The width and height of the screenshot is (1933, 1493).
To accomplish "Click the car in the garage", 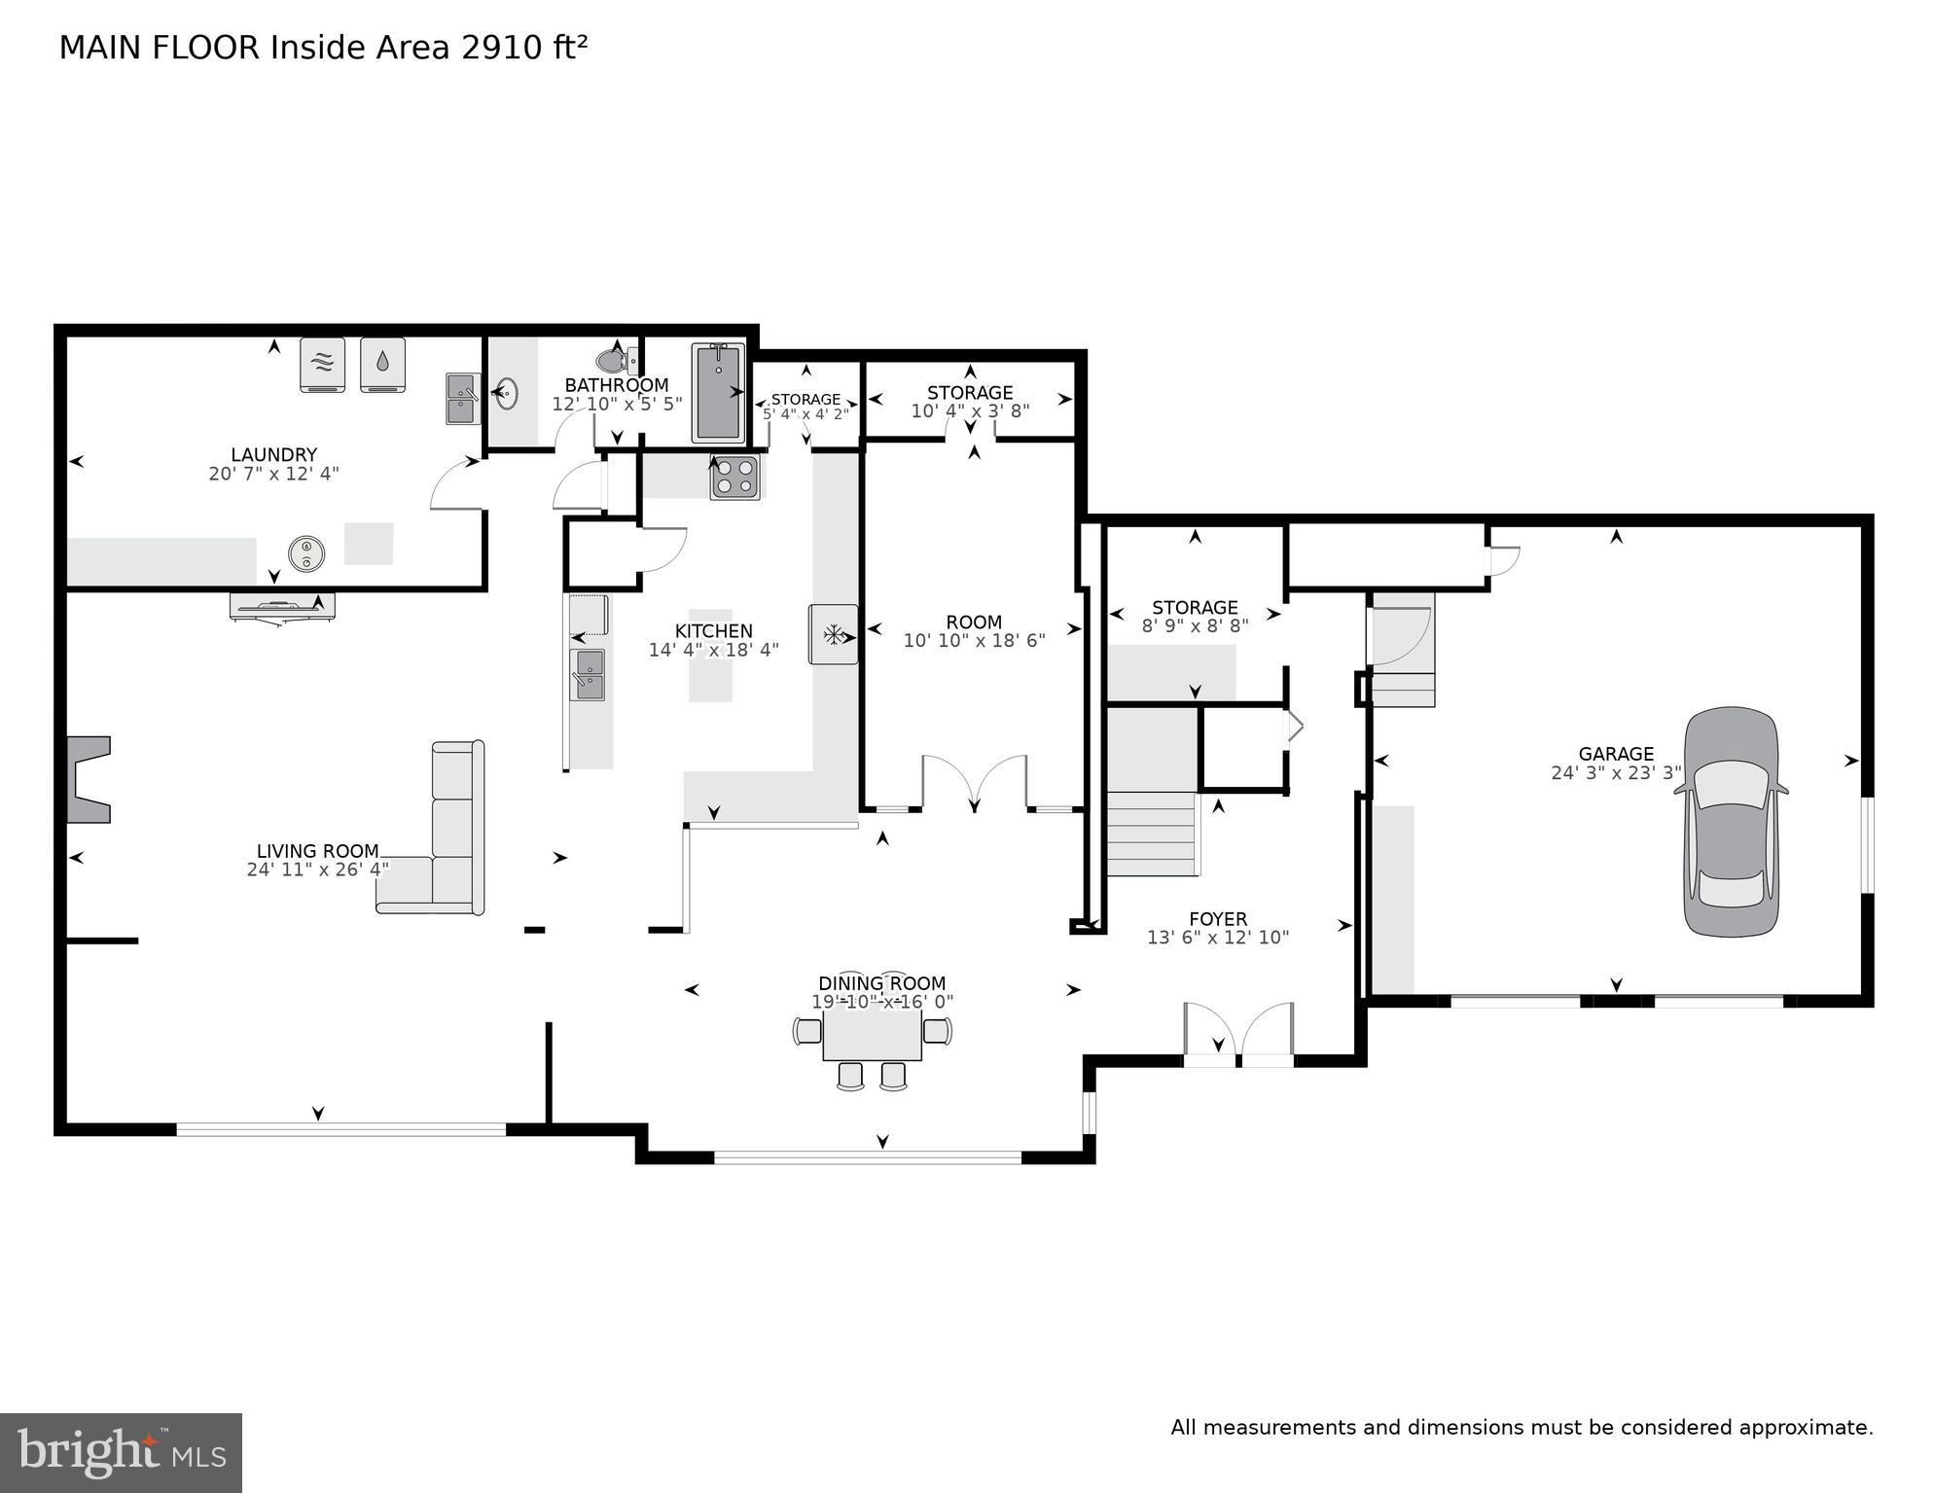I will (1731, 822).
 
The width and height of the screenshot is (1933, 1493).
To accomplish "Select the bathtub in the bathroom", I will (718, 392).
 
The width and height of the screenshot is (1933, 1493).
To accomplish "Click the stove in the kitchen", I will (734, 478).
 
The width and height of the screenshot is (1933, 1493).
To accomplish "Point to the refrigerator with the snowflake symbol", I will (834, 634).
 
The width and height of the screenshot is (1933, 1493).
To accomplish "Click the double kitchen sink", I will (589, 674).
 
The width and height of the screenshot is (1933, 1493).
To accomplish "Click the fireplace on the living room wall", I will (87, 779).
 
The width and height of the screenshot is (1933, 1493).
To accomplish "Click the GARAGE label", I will (1615, 754).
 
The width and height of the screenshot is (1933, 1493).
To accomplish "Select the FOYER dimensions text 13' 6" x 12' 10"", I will (1217, 938).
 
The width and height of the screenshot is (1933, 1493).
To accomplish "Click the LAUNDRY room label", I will (273, 454).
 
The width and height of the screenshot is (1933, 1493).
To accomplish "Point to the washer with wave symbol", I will (323, 364).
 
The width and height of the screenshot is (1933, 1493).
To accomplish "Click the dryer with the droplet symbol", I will (383, 364).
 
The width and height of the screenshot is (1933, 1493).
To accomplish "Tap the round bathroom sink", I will (507, 394).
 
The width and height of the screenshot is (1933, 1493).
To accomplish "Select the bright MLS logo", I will (121, 1453).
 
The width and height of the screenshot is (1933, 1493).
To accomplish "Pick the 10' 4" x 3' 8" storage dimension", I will (970, 411).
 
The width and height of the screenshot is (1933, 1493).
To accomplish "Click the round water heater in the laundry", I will (306, 553).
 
